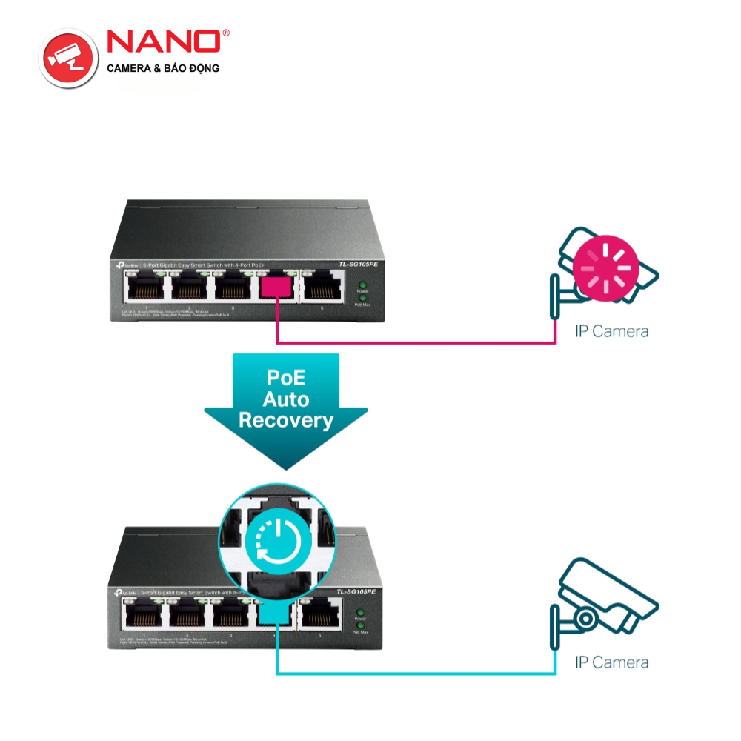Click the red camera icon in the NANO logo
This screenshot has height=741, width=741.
click(x=69, y=56)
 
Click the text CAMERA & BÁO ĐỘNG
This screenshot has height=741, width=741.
click(x=164, y=68)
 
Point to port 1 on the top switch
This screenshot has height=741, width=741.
click(x=145, y=287)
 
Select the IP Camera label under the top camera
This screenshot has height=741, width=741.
click(x=611, y=331)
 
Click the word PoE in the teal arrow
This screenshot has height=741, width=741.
click(x=286, y=377)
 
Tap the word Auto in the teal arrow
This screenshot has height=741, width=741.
click(x=286, y=399)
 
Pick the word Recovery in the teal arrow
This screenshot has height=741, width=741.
click(x=286, y=421)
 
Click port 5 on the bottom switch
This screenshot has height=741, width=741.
click(x=322, y=614)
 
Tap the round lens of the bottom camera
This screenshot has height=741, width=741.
click(x=585, y=617)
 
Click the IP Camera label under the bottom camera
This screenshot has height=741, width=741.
click(x=611, y=662)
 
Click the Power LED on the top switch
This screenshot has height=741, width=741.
click(x=362, y=285)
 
